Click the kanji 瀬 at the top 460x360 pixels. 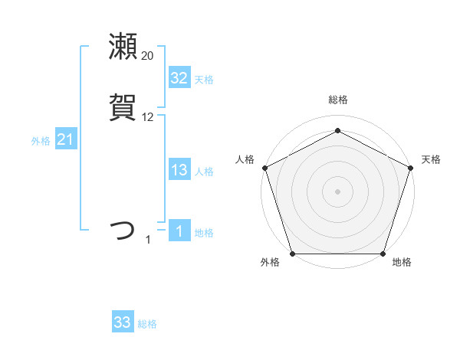point(123,47)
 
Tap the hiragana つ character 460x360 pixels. point(123,231)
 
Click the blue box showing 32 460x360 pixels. point(179,78)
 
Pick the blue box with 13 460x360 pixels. point(179,170)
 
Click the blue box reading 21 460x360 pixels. point(65,139)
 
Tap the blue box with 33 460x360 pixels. point(122,322)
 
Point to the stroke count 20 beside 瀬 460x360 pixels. point(147,55)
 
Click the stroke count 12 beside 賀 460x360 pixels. point(147,117)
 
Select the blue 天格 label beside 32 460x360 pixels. point(204,80)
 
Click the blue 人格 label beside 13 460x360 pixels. point(204,172)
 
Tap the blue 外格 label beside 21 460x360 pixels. point(41,141)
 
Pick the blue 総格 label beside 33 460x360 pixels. point(147,324)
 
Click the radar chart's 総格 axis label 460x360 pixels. point(337,100)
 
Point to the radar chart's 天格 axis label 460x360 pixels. point(431,159)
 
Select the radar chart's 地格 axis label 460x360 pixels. point(401,262)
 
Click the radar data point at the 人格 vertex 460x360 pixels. point(264,167)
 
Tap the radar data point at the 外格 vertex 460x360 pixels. point(292,253)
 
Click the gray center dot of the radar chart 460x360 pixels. point(337,191)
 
